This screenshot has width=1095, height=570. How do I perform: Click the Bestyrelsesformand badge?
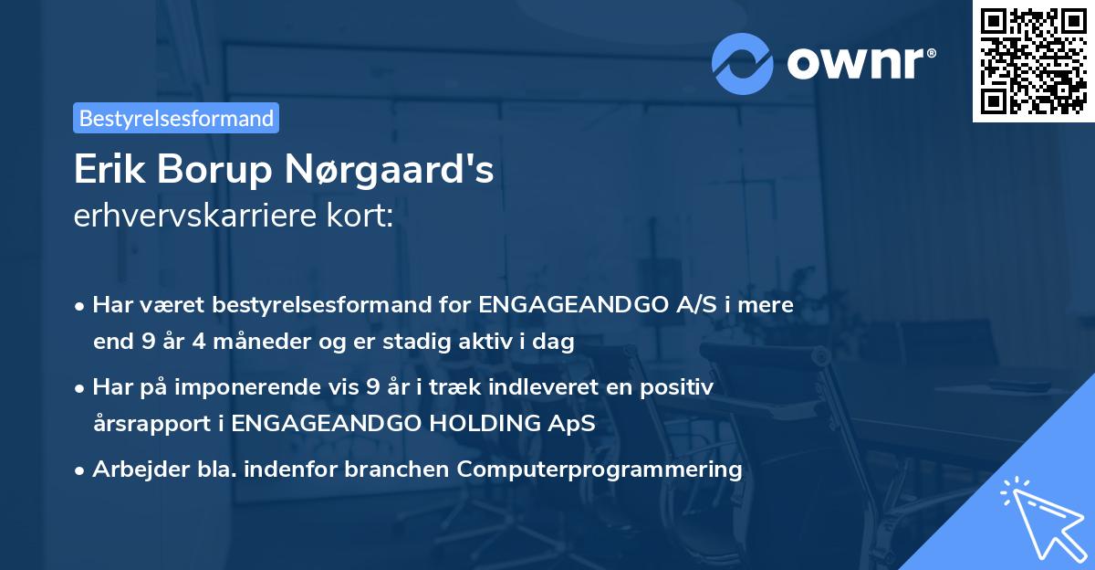[x=176, y=118]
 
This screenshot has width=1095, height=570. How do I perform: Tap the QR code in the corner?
[x=1033, y=61]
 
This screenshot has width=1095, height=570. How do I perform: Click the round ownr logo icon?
[x=743, y=63]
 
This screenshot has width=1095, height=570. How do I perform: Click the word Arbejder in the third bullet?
[x=132, y=470]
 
